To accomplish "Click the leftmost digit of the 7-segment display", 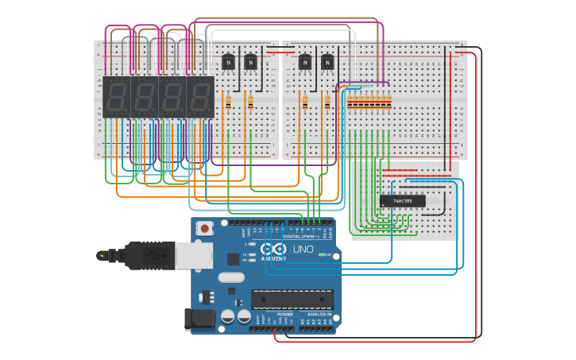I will [117, 97].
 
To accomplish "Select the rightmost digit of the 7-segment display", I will [200, 97].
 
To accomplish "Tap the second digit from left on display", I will [145, 97].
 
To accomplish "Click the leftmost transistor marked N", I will [229, 61].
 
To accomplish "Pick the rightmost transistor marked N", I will [327, 61].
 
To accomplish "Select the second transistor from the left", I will [251, 61].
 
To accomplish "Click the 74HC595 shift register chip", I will [402, 201].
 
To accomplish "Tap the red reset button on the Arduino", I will [205, 229].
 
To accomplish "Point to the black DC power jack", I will [199, 319].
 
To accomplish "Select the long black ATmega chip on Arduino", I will [291, 299].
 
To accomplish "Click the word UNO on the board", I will [303, 249].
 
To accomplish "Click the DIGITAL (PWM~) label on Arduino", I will [303, 237].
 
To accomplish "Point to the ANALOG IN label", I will [319, 315].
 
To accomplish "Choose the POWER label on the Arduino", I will [284, 315].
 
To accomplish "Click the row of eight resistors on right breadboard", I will [368, 101].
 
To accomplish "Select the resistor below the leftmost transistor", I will [229, 101].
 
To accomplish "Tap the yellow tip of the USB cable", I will [102, 255].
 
